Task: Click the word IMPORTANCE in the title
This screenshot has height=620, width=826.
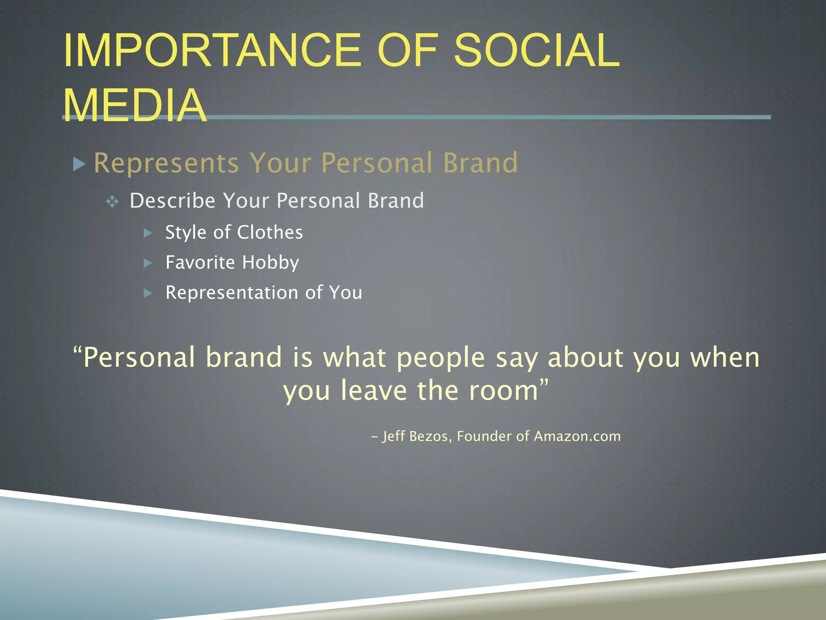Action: [212, 50]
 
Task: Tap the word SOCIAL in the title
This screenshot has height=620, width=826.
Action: [536, 50]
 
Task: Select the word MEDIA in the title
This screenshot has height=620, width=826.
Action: [135, 105]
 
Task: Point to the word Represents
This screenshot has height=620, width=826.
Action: [166, 163]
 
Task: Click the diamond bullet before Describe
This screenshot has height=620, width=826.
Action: [112, 201]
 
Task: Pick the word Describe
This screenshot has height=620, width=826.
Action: [173, 201]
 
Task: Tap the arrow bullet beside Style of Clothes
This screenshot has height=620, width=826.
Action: [148, 233]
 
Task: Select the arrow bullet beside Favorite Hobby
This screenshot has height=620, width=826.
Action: [148, 263]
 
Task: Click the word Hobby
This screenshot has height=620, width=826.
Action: [271, 263]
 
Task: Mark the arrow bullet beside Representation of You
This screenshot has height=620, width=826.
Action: [148, 293]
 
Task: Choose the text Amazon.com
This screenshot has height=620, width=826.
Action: [577, 436]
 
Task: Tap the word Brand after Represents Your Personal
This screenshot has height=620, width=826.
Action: [480, 163]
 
